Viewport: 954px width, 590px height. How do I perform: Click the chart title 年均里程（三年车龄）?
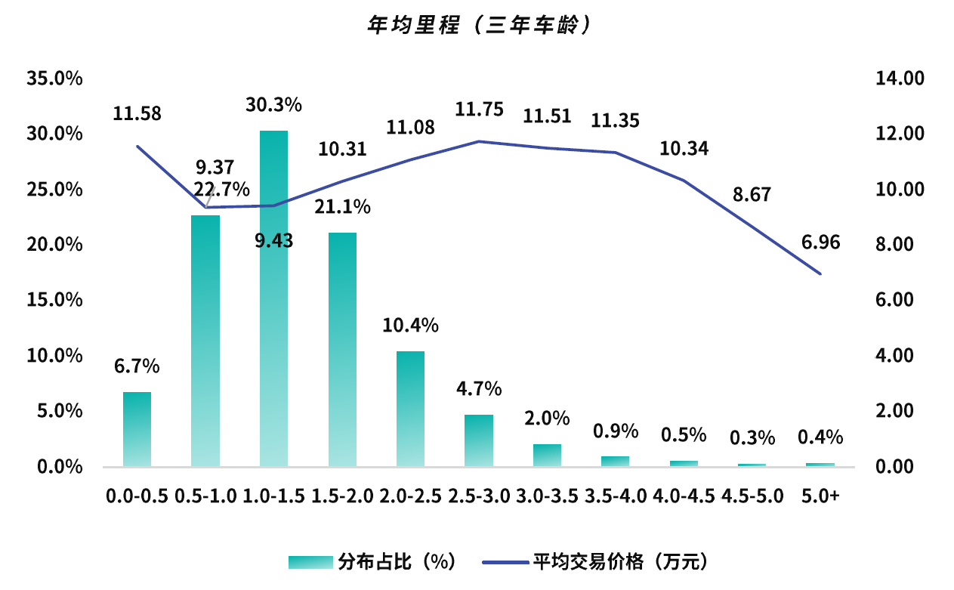click(x=477, y=25)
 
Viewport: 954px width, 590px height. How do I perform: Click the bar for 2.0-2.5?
click(x=410, y=409)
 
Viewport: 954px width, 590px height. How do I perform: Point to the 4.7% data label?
click(x=479, y=389)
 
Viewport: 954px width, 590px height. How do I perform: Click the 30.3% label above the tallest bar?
click(x=273, y=105)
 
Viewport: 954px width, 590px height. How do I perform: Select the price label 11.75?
click(x=479, y=110)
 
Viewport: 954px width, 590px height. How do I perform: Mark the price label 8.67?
click(x=752, y=195)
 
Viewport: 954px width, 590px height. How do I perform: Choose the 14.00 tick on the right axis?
click(x=899, y=79)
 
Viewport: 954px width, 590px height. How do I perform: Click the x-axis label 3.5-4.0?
click(x=616, y=496)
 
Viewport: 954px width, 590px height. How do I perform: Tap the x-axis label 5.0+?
click(x=820, y=496)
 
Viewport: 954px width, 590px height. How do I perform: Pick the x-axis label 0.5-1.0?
click(x=205, y=496)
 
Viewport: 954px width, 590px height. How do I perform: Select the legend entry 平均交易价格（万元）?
click(x=597, y=562)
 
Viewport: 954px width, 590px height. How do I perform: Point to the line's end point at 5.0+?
click(x=820, y=273)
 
